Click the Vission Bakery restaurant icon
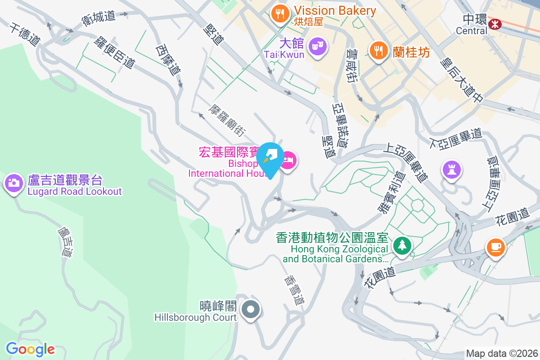[x=280, y=13]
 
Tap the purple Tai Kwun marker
[x=318, y=46]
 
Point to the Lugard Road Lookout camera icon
[x=13, y=183]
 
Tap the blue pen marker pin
[x=270, y=159]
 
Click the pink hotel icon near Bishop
[x=288, y=161]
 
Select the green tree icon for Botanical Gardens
[x=401, y=246]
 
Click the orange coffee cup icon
[x=495, y=247]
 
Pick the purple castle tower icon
[x=452, y=169]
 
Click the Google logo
[x=30, y=349]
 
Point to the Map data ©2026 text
[x=501, y=353]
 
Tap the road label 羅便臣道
[x=114, y=53]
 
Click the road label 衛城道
[x=99, y=18]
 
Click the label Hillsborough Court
[x=195, y=317]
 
